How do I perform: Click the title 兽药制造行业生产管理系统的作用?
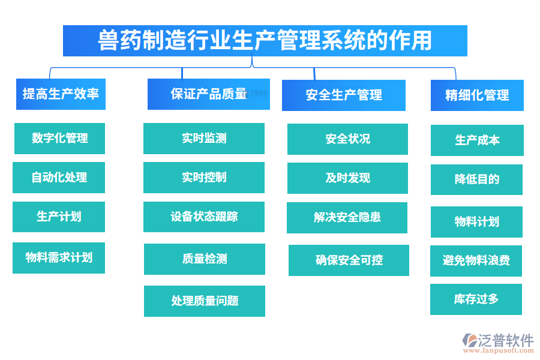pos(265,41)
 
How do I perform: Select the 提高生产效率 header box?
pos(61,94)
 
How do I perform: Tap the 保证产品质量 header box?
pos(208,94)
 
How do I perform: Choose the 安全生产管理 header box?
pos(343,95)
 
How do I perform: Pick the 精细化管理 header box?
pos(477,95)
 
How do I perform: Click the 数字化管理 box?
pos(59,139)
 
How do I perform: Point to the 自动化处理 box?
pos(59,178)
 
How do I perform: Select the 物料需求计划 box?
pos(59,258)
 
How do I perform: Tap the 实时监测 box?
pos(204,139)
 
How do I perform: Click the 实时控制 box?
pos(204,178)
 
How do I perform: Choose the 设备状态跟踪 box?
pos(204,217)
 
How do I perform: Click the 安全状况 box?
pos(347,139)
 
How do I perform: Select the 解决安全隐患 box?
pos(347,218)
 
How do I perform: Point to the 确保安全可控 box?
pos(349,260)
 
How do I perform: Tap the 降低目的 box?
pos(476,179)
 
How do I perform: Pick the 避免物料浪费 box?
pos(476,261)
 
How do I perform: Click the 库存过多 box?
pos(476,299)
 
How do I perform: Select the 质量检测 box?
pos(205,259)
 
